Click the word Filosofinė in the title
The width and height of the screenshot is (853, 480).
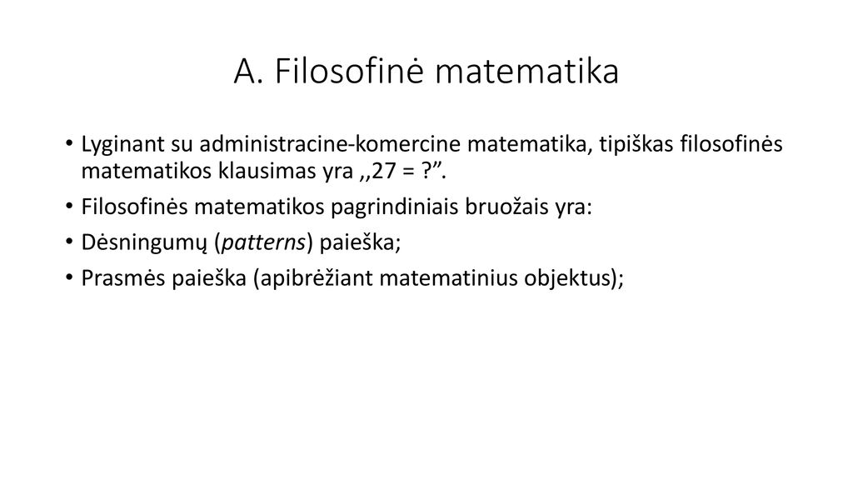coord(349,72)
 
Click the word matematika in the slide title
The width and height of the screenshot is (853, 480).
coord(527,72)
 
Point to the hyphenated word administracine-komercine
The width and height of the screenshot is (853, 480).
coord(330,143)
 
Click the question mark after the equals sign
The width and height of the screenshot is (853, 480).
coord(427,172)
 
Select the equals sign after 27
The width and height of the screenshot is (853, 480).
coord(408,172)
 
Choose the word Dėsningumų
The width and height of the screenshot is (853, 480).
coord(144,242)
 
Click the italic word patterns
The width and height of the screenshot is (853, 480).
coord(264,243)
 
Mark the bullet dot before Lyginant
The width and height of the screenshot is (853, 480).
coord(69,144)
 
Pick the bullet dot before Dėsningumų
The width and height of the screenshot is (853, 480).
coord(69,242)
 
